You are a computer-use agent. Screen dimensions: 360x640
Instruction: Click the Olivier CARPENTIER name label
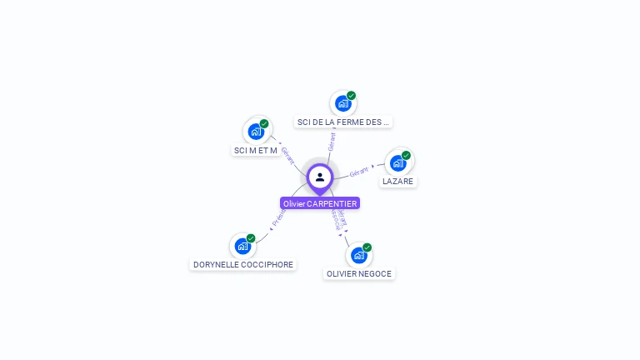point(320,203)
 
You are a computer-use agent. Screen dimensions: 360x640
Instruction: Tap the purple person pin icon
point(320,177)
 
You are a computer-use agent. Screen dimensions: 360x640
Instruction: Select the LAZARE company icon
point(398,162)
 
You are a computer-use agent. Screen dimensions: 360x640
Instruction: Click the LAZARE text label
point(397,181)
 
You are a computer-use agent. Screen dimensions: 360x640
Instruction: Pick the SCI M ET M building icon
point(256,131)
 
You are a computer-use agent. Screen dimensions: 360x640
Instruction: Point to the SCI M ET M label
point(255,150)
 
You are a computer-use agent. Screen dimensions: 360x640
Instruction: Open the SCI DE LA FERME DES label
point(342,122)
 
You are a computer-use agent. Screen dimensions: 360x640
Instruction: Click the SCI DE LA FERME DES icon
point(342,103)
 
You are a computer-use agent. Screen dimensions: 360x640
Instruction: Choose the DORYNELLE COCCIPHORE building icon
point(242,246)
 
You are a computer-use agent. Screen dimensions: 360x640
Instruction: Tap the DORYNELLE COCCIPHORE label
point(243,264)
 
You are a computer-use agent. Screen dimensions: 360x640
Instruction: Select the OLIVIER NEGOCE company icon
point(358,255)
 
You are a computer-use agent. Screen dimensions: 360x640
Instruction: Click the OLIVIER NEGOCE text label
point(358,273)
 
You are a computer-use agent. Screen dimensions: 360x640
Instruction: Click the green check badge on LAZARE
point(406,155)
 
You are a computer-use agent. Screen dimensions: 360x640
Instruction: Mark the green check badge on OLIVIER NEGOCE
point(367,247)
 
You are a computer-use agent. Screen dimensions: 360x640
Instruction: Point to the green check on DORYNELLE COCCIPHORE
point(251,238)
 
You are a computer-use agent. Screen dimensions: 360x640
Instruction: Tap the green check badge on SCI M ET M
point(264,123)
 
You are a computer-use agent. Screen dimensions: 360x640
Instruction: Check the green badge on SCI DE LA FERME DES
point(351,96)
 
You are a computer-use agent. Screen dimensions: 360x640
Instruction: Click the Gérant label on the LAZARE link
point(359,172)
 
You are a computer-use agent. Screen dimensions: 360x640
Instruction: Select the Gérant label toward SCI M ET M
point(287,155)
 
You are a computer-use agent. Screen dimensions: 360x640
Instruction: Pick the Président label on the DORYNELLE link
point(278,218)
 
